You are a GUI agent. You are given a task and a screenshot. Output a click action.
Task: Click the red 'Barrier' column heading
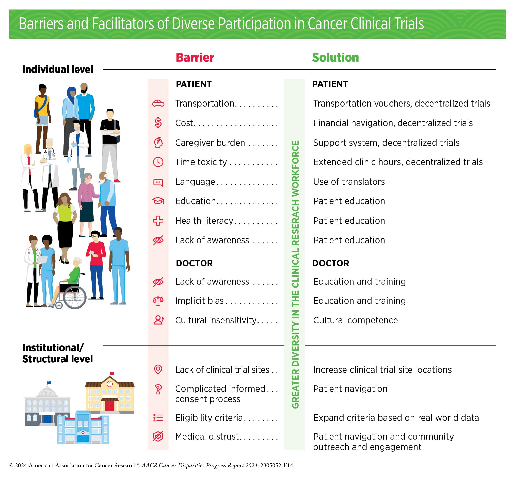tap(195, 57)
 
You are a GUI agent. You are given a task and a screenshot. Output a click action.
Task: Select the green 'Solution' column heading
tap(335, 57)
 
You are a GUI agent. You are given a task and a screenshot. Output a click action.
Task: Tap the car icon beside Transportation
tap(158, 103)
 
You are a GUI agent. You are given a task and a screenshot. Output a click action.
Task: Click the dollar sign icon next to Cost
tap(158, 123)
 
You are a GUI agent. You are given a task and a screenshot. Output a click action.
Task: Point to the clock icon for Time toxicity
tap(158, 162)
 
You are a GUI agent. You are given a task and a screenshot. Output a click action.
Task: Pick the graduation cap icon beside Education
tap(158, 201)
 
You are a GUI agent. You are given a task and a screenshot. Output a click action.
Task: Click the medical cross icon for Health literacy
tap(158, 221)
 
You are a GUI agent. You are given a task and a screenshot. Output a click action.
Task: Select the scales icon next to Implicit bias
tap(158, 301)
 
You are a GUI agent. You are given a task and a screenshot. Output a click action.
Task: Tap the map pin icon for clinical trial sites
tap(158, 370)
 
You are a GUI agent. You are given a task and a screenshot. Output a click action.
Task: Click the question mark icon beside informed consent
tap(158, 389)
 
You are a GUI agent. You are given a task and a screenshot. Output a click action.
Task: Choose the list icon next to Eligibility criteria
tap(158, 418)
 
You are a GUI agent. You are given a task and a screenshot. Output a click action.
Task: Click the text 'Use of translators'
tap(349, 182)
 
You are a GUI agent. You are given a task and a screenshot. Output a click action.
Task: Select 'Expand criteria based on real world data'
tap(396, 418)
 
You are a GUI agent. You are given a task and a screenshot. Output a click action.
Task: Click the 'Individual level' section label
tap(58, 69)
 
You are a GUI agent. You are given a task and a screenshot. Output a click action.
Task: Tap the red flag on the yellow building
tap(112, 373)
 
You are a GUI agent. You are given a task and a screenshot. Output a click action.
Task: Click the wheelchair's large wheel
tap(75, 297)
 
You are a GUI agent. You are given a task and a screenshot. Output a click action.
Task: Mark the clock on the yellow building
tap(110, 384)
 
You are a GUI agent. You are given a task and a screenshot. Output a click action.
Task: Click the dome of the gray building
tap(47, 392)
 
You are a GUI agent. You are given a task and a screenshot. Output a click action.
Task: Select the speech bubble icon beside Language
tap(158, 182)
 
